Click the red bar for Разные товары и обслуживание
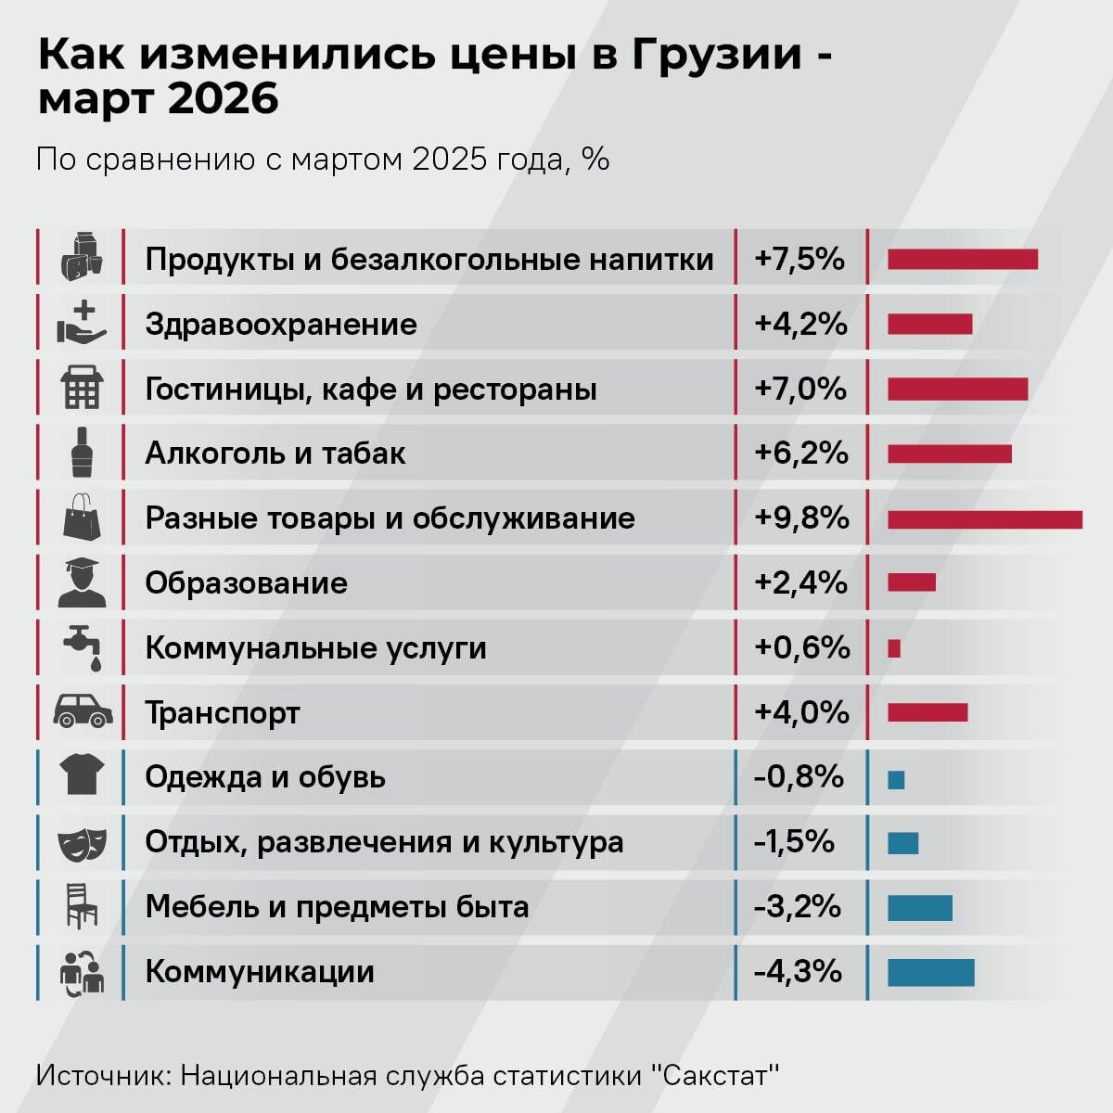pos(984,519)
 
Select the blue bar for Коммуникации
pos(930,972)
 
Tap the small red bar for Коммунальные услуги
pos(894,648)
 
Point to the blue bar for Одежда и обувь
pos(896,779)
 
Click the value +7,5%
pos(800,259)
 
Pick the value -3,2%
pos(798,906)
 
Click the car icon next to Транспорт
pos(83,711)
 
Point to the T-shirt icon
pos(82,774)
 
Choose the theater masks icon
pos(83,843)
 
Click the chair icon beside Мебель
pos(82,906)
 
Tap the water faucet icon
pos(83,646)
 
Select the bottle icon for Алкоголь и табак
pos(82,453)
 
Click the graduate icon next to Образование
pos(82,582)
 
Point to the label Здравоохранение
pos(281,325)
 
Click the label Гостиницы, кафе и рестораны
pos(371,389)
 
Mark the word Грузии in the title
pos(717,55)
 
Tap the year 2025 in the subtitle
pos(450,160)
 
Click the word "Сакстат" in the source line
pos(715,1076)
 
